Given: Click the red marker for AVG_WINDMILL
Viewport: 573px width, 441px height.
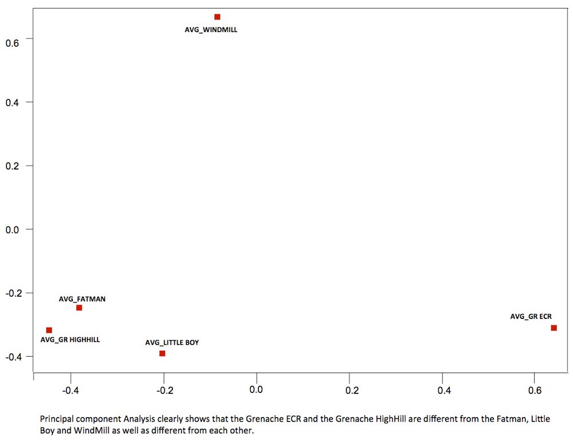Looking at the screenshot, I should tap(217, 17).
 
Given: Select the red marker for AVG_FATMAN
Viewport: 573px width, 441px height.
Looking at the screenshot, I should tap(79, 308).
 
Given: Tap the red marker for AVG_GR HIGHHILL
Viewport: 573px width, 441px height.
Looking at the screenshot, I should tap(49, 330).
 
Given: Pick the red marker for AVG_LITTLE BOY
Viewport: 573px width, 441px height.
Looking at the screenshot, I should tap(162, 353).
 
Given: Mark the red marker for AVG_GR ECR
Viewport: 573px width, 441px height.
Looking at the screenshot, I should tap(554, 328).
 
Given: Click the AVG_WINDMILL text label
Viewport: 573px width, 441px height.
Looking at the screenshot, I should tap(210, 30).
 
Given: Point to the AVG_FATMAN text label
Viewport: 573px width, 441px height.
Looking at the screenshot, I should tap(82, 298).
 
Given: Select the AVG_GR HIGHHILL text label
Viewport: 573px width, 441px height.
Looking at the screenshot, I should tap(70, 340).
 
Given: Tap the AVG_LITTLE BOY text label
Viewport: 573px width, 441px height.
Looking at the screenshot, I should tap(172, 342).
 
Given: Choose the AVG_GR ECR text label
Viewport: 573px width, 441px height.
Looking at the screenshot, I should tap(531, 316).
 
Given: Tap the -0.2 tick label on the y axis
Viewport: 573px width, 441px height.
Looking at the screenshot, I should tap(12, 293).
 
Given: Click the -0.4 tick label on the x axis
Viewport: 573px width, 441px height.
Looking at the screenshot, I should tap(70, 390).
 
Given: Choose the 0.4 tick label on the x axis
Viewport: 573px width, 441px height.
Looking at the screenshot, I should tap(444, 390).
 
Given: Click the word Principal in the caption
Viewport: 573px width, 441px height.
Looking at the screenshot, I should tap(55, 419).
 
